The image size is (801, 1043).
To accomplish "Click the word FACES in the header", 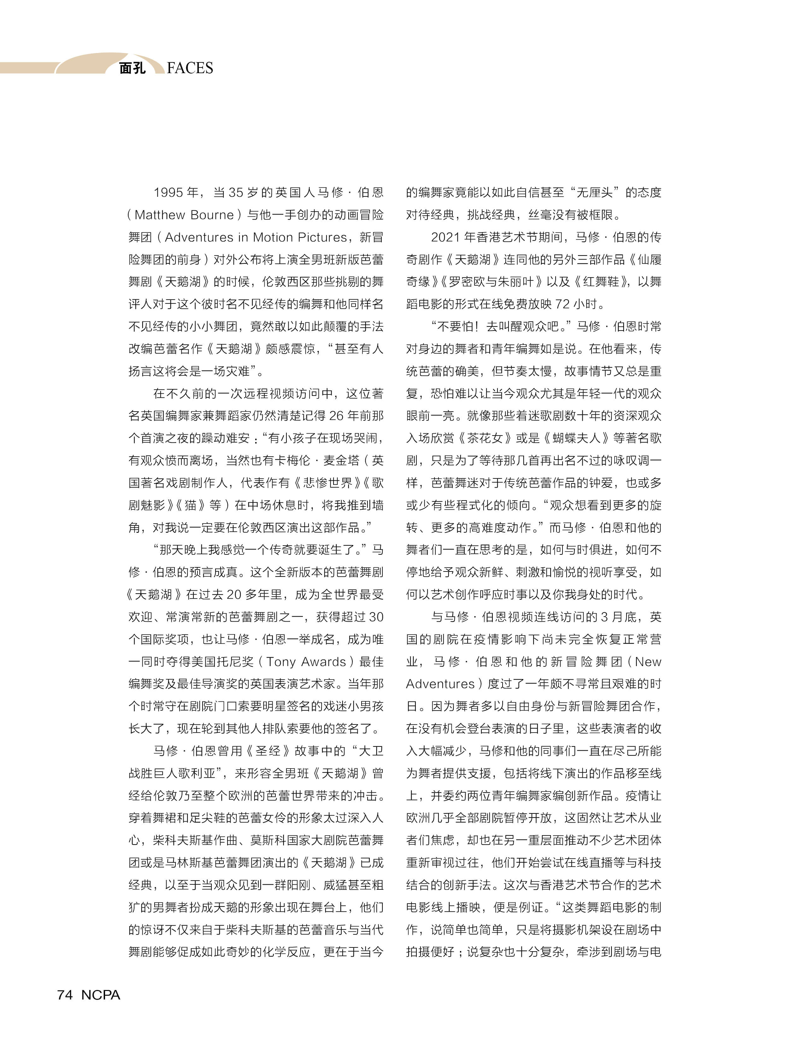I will point(190,68).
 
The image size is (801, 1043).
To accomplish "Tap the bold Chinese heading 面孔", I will point(132,68).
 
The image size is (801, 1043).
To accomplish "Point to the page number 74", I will point(65,995).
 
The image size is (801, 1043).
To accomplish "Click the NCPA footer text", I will point(101,995).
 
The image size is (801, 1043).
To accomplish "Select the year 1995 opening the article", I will point(168,193).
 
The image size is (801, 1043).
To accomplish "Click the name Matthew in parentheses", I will point(160,215).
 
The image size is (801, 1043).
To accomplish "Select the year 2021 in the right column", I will point(446,237).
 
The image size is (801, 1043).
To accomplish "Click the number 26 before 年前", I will point(336,416).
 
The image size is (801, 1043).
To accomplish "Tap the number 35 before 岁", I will point(236,193).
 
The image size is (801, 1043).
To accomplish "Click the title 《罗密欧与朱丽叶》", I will point(491,282).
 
